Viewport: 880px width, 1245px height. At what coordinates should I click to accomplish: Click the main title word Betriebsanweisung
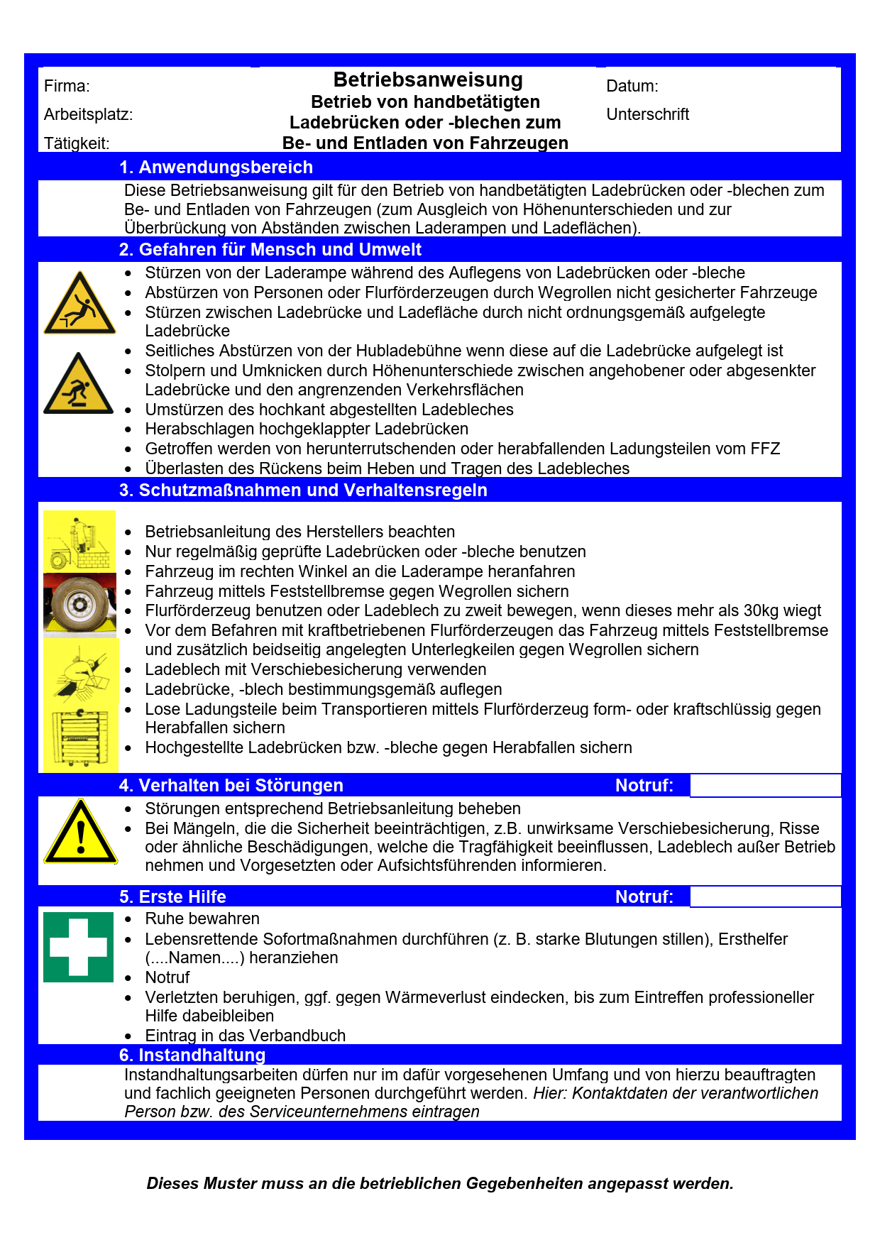point(428,79)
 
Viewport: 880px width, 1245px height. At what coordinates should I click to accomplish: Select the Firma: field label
point(67,87)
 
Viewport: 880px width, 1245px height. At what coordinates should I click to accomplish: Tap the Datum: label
point(632,87)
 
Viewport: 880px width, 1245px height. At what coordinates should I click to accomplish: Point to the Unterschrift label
point(647,114)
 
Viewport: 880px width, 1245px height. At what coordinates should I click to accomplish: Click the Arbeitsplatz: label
point(88,114)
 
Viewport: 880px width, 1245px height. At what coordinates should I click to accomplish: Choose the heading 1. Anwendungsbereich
point(216,168)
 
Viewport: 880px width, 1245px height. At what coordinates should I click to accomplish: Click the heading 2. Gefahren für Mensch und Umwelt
point(270,250)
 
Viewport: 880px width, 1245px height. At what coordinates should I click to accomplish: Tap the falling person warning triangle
point(79,304)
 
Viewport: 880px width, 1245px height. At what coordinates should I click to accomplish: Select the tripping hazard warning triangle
point(78,385)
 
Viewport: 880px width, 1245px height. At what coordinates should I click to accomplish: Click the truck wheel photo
point(79,605)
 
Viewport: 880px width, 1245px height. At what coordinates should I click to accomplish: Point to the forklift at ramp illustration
point(79,541)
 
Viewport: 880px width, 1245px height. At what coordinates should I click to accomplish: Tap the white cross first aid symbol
point(78,947)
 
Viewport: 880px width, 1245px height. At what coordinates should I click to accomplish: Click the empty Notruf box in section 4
point(765,786)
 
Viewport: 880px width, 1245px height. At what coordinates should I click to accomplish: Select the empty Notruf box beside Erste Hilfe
point(765,897)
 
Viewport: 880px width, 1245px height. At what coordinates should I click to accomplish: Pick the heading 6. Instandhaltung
point(192,1055)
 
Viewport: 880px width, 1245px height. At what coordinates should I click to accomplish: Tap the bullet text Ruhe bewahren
point(202,919)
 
